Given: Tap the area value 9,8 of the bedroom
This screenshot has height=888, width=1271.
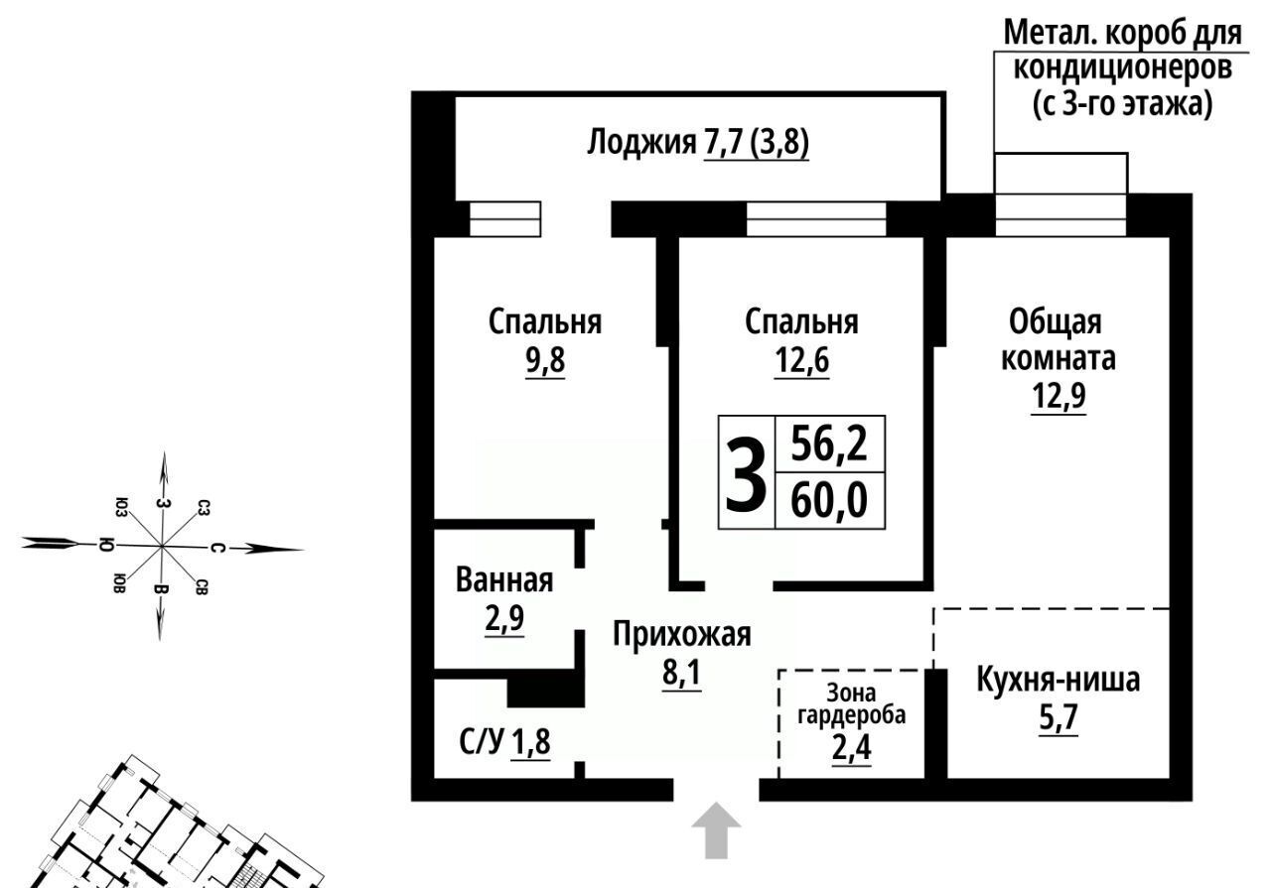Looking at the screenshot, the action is point(545,359).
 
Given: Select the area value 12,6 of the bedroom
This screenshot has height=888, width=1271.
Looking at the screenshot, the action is point(801,359).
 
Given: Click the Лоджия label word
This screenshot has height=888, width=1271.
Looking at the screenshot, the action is point(641,142).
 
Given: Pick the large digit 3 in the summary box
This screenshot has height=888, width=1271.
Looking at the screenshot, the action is point(746,473).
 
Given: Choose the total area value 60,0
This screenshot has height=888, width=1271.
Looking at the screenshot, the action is point(829,501).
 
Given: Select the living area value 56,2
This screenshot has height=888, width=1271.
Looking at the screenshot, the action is point(829,444).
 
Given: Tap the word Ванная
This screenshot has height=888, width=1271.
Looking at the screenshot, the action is point(504,580).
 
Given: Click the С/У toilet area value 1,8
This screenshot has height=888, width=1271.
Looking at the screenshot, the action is point(530,742).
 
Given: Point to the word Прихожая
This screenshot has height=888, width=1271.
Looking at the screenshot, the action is point(682,635).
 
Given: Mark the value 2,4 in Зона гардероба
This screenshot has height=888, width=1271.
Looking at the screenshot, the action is point(851,748).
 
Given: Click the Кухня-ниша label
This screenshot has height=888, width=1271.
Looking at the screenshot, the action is point(1059,681).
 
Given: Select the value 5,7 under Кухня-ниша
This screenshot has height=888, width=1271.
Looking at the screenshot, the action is point(1059,717).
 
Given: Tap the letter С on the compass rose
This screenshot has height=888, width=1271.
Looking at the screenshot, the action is point(218,548).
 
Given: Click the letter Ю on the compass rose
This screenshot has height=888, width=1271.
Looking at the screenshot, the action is point(106,545).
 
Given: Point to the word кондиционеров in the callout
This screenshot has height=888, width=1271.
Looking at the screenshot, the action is point(1122,68).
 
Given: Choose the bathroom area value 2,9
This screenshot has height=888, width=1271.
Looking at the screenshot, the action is point(504,617).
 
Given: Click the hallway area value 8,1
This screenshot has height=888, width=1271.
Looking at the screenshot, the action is point(681,673).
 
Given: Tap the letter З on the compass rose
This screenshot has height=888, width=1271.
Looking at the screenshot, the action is point(164,503).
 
